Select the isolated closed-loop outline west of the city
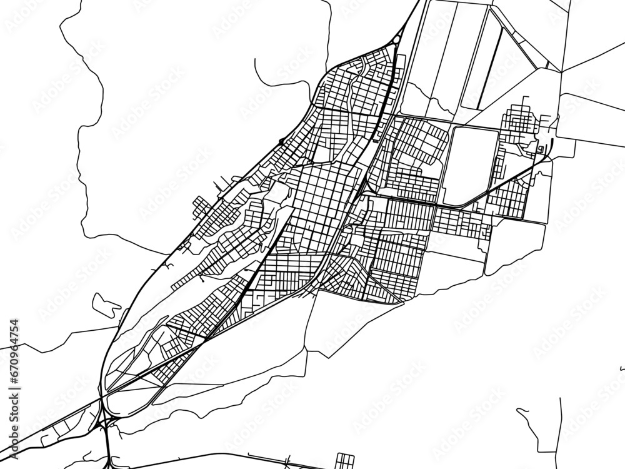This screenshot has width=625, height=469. (106, 304)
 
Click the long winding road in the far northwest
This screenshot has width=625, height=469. (87, 125)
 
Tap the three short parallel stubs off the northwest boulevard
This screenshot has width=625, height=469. (219, 185)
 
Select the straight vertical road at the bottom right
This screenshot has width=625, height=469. (561, 431)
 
